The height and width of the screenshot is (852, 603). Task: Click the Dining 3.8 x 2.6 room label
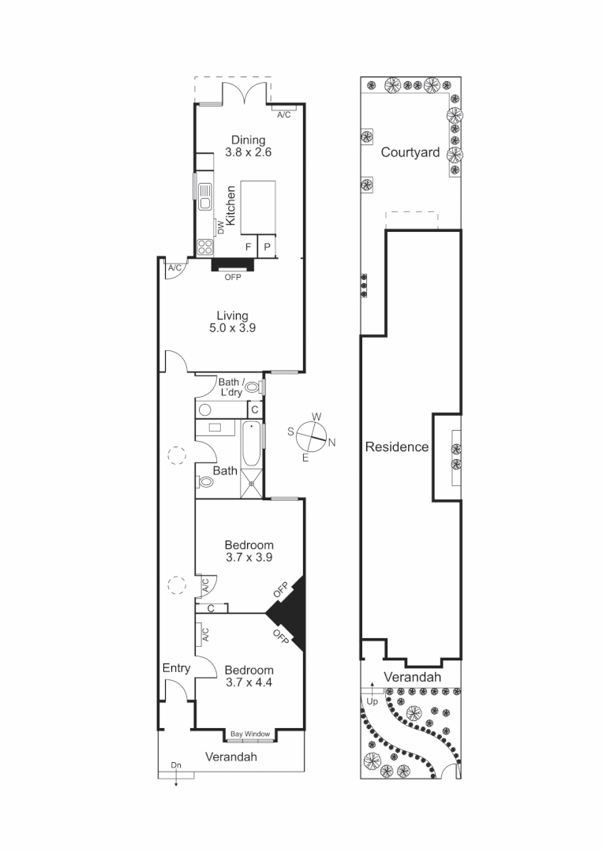point(249,147)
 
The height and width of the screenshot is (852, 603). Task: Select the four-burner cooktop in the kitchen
point(204,246)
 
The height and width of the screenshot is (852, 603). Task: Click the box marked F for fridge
point(249,247)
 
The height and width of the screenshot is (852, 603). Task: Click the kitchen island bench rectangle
point(258,207)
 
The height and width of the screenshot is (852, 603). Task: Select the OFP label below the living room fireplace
point(232,277)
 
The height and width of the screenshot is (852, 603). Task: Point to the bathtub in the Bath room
point(250,447)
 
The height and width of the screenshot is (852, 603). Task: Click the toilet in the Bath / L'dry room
point(253,387)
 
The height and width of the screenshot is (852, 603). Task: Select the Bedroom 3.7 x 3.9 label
point(249,551)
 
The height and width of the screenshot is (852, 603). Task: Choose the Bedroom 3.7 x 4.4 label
point(249,676)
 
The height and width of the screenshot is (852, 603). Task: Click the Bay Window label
point(250,734)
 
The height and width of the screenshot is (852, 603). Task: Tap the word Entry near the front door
point(176,668)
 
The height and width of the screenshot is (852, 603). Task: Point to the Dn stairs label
point(176,765)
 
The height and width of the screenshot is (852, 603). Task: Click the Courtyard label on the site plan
point(410,152)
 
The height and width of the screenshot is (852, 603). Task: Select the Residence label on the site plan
point(396,447)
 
